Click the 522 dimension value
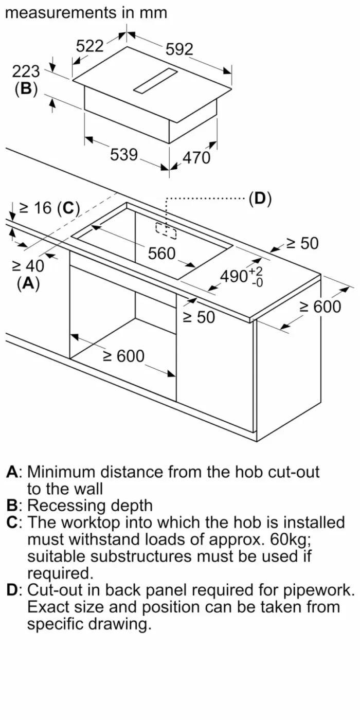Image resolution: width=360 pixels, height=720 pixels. tap(89, 46)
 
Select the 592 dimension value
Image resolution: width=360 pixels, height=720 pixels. tap(179, 49)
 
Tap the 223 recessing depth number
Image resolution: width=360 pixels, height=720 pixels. tap(26, 71)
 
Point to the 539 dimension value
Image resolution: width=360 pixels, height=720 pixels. tap(124, 155)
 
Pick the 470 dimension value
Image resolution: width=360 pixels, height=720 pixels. tap(196, 158)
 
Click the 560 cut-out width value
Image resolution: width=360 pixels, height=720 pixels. tap(161, 254)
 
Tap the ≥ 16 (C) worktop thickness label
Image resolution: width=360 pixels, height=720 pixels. tap(49, 208)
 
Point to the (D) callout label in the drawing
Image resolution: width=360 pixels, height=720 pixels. tap(260, 199)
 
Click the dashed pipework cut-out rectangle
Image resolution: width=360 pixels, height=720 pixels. tap(166, 231)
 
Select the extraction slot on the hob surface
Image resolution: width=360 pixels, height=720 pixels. tap(155, 82)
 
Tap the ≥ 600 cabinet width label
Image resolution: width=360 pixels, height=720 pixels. tap(124, 356)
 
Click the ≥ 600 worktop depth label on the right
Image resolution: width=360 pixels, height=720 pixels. tap(320, 307)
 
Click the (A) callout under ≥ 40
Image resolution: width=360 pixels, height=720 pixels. tap(28, 283)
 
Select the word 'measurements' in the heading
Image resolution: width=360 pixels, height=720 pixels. tap(61, 13)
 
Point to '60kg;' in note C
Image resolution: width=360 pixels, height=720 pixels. tap(291, 539)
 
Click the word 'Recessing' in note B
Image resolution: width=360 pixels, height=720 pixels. tap(66, 506)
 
